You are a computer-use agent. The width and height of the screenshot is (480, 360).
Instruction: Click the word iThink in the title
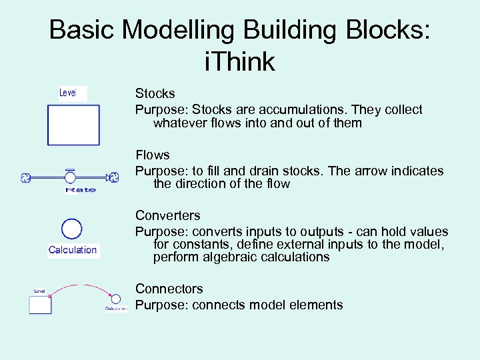click(240, 61)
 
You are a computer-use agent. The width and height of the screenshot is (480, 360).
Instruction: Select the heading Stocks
click(155, 93)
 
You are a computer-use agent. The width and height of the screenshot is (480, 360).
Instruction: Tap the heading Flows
click(153, 155)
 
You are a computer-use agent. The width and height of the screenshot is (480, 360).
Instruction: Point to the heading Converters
click(167, 215)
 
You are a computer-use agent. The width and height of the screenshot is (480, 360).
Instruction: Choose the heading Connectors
click(169, 289)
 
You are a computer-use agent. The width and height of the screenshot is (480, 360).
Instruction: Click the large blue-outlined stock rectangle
click(73, 125)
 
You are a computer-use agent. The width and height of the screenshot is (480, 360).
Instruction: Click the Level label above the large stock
click(68, 93)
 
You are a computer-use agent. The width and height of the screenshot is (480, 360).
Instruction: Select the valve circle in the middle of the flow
click(70, 177)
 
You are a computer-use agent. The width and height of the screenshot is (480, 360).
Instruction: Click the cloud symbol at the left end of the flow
click(25, 177)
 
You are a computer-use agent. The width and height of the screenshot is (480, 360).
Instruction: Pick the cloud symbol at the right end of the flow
click(114, 177)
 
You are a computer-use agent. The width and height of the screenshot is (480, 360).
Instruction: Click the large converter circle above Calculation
click(72, 229)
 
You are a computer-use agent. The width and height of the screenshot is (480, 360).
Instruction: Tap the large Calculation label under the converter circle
click(73, 250)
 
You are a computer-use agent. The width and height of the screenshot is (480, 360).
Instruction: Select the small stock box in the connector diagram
click(40, 305)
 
